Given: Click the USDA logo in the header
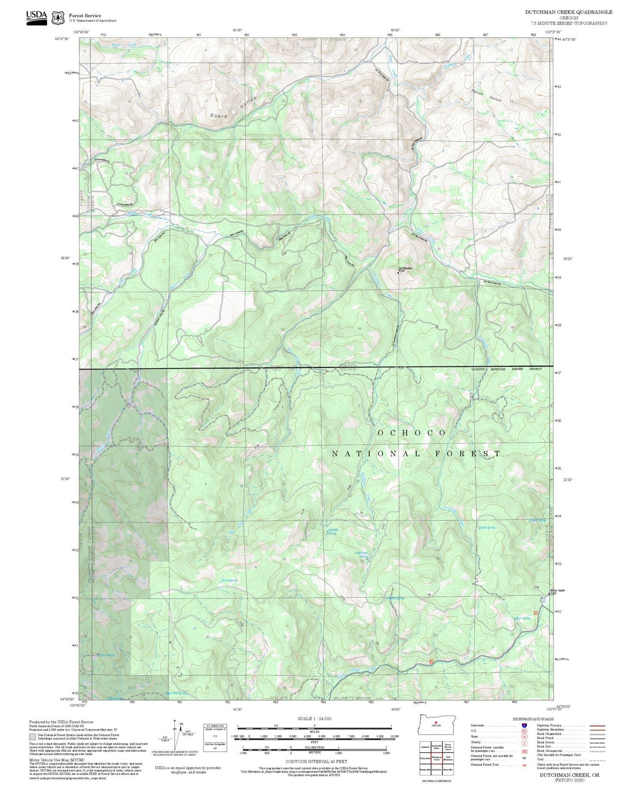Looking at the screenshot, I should (x=36, y=17).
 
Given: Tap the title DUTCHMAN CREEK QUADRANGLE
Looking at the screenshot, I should (x=569, y=12).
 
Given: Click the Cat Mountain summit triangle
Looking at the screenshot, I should (x=398, y=273).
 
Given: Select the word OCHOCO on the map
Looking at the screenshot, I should (x=412, y=433).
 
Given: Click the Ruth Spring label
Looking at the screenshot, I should (x=488, y=528).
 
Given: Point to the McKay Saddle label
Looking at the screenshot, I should (x=557, y=590).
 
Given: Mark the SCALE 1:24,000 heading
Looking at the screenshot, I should (x=315, y=718).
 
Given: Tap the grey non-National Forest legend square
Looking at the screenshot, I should (x=32, y=737).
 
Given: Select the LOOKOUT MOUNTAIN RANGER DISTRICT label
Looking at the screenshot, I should (x=506, y=369).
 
